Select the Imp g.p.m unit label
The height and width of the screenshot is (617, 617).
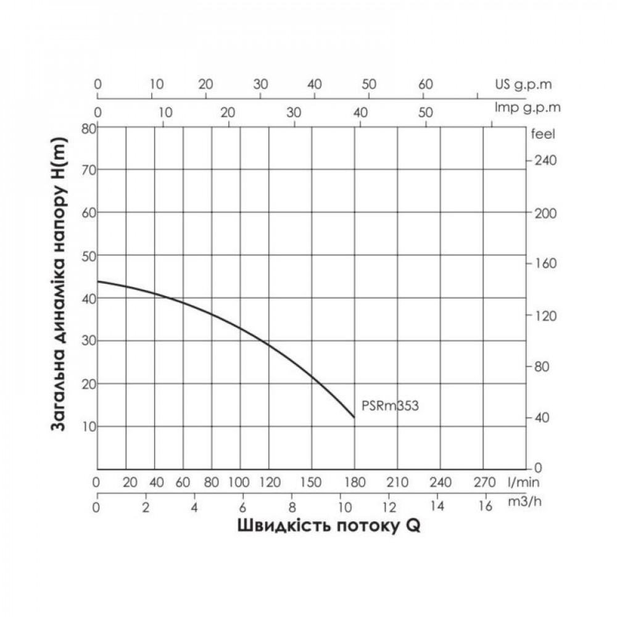[528, 107]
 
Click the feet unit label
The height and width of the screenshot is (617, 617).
[543, 133]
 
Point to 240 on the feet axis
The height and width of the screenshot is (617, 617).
[543, 160]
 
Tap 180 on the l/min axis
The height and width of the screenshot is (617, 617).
[354, 482]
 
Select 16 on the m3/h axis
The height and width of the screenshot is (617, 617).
[486, 508]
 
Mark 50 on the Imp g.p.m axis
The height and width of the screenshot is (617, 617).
[425, 113]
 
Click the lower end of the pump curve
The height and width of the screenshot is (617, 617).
[354, 418]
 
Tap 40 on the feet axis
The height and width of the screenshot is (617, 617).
[541, 418]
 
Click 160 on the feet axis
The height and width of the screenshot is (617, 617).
[543, 263]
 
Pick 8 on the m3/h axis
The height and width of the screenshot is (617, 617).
[292, 508]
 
